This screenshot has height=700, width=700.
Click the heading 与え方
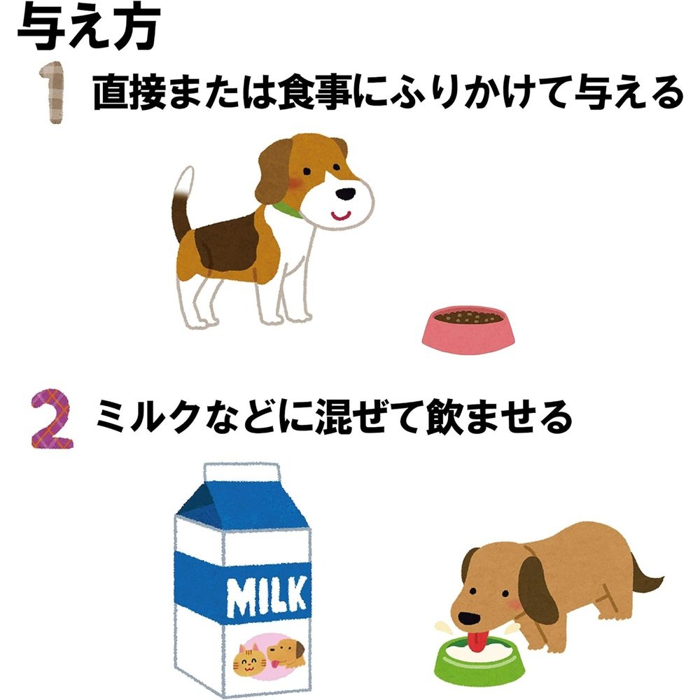[88, 28]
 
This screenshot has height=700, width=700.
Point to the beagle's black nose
[346, 194]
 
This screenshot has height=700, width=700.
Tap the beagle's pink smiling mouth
[341, 216]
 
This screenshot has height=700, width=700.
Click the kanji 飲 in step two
[444, 418]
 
